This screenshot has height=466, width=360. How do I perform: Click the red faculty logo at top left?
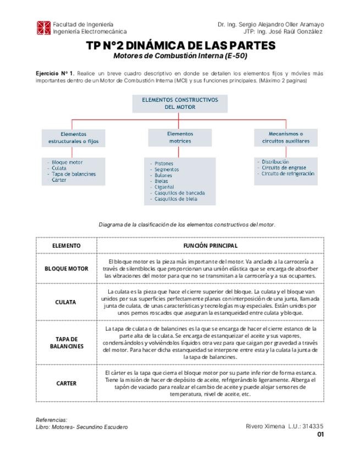43,28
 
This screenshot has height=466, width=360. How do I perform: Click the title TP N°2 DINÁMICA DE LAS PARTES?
180,46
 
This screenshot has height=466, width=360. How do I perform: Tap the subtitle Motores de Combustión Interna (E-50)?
180,56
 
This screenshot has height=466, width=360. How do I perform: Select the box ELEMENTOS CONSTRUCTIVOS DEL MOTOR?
180,103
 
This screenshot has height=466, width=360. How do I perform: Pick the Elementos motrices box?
180,137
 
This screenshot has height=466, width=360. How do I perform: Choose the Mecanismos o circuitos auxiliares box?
285,137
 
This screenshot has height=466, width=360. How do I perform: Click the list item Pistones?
164,164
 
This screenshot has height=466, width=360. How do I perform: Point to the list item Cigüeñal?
164,187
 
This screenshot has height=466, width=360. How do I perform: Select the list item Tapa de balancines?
74,174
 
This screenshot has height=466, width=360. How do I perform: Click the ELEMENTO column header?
67,245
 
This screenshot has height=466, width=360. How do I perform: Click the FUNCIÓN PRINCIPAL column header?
210,245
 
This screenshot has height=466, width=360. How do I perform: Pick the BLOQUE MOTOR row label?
67,269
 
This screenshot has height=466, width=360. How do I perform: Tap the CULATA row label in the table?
67,302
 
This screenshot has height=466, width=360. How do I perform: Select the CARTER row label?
67,384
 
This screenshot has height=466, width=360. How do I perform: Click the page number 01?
320,434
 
